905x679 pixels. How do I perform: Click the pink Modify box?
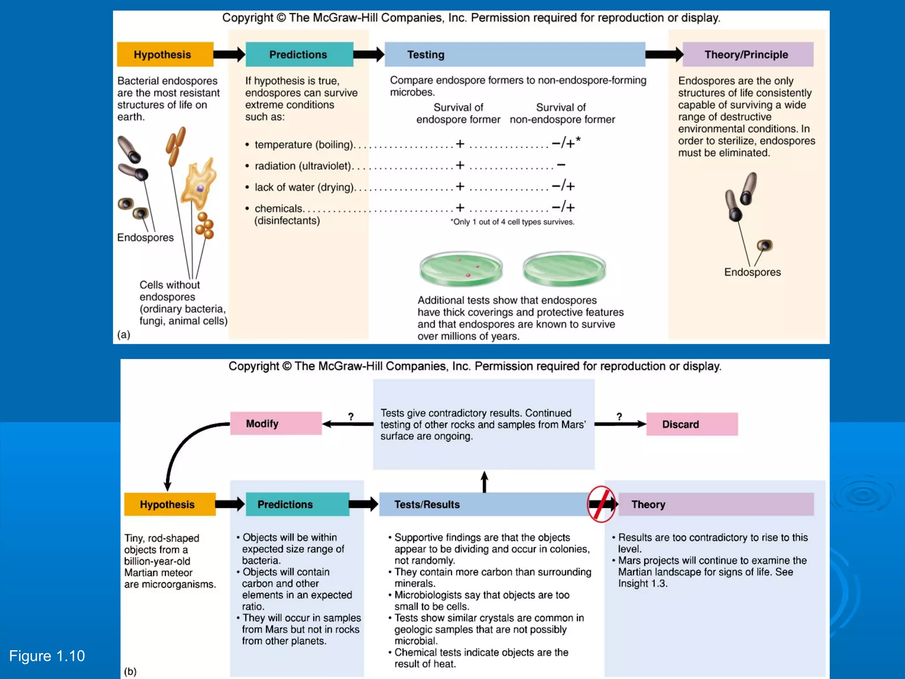pos(276,423)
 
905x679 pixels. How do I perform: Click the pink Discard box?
pos(692,424)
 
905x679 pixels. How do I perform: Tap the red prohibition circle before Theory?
pos(601,504)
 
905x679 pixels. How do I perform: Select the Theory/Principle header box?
pos(747,54)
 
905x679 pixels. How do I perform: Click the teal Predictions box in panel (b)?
pos(297,504)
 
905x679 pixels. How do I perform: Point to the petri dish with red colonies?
pos(461,268)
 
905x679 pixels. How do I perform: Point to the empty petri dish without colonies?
pos(564,268)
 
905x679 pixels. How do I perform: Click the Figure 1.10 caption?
pos(47,656)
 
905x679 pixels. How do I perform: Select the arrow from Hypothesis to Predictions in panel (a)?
pos(229,54)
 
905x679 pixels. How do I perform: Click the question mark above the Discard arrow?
pos(619,416)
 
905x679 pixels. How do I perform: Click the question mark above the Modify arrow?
pos(350,416)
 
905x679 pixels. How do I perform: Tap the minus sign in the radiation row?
pos(561,165)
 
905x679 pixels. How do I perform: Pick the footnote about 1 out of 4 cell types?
pos(512,222)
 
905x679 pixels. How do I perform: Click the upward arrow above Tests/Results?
pos(484,481)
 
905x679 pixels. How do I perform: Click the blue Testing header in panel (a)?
pos(515,54)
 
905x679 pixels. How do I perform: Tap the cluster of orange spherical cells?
pos(205,225)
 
